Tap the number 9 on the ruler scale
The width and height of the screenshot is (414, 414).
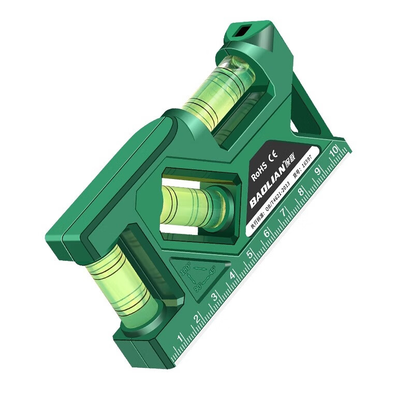tap(318, 169)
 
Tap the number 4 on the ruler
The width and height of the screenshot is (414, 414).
tap(232, 275)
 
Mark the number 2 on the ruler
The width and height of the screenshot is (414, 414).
tap(197, 318)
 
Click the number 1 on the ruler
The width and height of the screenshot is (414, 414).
tap(180, 339)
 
